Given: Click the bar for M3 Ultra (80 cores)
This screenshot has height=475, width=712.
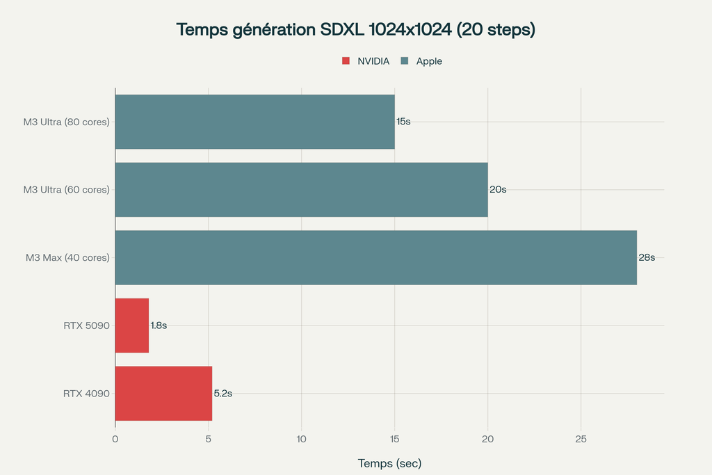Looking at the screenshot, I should tap(254, 122).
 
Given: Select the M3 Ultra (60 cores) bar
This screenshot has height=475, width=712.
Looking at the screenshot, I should tap(301, 190).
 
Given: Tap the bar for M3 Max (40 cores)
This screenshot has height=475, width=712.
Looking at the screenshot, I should tap(375, 257).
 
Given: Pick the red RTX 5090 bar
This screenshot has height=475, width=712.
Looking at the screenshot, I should tap(131, 325).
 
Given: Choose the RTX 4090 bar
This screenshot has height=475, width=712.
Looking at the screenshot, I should tap(163, 394).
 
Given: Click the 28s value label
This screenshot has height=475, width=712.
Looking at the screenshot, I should tap(647, 257).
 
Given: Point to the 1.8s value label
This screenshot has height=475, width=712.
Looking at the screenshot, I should tap(159, 325).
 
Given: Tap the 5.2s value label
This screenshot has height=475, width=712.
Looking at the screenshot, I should tap(222, 394).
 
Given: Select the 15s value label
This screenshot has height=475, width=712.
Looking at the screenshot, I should tap(403, 122).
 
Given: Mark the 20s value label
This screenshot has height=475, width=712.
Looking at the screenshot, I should tap(497, 190).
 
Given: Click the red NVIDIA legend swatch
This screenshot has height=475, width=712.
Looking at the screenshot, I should tap(346, 61).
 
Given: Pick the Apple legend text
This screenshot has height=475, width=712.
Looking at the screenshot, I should tap(429, 61).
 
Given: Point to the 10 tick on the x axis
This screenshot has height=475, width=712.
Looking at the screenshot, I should tap(301, 439).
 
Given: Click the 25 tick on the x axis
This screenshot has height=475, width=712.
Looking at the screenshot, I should tap(581, 439).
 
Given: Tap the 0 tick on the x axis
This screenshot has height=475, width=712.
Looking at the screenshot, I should tap(115, 439).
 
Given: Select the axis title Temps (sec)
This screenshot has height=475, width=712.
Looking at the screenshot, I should tap(389, 463).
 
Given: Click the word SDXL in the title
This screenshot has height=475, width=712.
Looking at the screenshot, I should tap(343, 30).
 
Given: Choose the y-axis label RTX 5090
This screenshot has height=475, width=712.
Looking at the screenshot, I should tap(86, 325).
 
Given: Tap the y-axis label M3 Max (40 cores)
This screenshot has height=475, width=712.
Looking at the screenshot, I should tap(67, 257).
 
